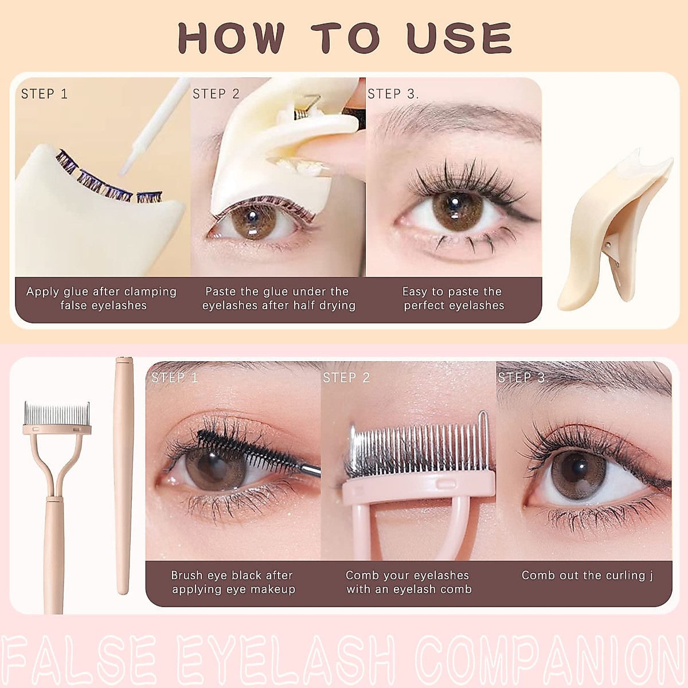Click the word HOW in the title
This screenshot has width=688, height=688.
coord(230,38)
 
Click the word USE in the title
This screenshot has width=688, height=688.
coord(459,38)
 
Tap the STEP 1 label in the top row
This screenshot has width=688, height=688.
coord(44,94)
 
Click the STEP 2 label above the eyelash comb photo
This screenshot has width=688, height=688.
coord(346,378)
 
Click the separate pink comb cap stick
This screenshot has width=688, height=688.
coord(123,476)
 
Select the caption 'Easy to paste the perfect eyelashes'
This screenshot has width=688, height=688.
coord(453,299)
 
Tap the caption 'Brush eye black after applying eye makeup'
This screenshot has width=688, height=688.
coord(233,583)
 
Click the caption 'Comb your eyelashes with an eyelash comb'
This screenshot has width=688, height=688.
coord(408,583)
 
